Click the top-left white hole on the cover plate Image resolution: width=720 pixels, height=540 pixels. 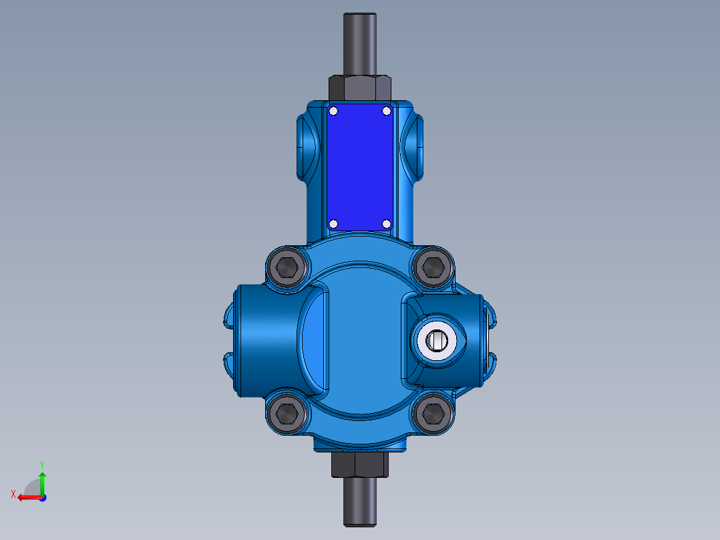[334, 111]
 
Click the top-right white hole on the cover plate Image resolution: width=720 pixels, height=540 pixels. [386, 111]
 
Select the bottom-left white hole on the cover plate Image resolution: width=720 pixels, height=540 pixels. [334, 223]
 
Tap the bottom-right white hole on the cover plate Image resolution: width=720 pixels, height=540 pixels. [386, 223]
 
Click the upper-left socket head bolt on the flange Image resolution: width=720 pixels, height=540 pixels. [288, 267]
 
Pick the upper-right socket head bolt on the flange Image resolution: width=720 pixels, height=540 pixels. [433, 267]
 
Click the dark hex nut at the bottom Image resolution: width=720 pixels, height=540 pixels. [360, 464]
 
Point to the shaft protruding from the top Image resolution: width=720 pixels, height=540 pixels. [360, 43]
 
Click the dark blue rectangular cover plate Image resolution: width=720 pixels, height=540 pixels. [360, 167]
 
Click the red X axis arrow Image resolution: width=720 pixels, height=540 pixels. [27, 497]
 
